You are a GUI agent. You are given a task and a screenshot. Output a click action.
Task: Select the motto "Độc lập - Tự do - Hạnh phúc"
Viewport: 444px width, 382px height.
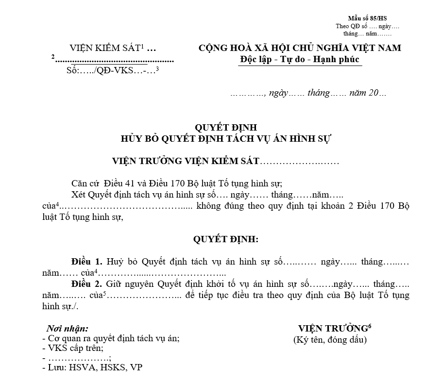(300, 59)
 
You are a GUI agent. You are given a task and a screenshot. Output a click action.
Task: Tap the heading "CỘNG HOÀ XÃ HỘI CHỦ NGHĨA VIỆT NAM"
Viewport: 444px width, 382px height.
(300, 48)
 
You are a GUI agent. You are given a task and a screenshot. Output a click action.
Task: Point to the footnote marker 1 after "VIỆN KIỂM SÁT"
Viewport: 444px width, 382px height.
(143, 46)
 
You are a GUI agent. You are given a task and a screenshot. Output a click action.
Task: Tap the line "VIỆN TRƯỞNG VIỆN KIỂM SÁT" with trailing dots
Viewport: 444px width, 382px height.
(225, 161)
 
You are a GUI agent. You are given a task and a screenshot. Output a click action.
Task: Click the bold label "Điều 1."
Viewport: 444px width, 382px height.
(86, 262)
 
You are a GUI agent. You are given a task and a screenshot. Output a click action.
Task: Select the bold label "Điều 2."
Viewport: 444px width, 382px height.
(86, 283)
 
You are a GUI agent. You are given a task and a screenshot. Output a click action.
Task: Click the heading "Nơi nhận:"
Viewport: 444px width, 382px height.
(67, 328)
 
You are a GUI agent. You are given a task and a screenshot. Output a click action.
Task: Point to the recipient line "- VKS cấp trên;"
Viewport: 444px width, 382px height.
(73, 348)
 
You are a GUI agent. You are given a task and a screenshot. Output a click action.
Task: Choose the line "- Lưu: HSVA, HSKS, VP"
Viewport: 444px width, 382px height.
(92, 367)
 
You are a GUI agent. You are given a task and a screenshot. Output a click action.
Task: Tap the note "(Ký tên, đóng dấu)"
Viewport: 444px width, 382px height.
(330, 339)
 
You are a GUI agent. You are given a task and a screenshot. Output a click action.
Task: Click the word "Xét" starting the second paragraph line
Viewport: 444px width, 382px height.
(79, 194)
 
